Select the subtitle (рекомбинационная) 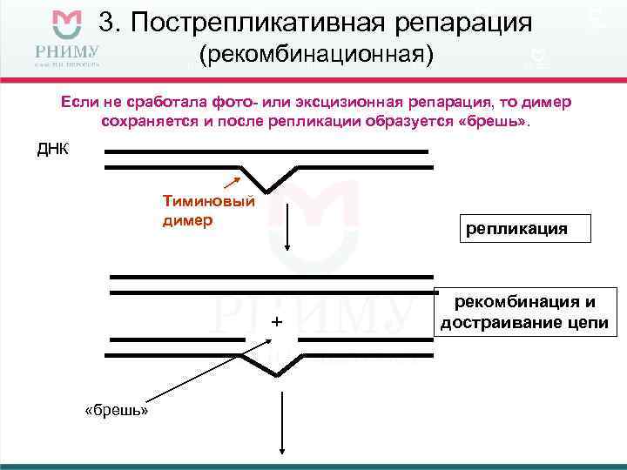coord(316,56)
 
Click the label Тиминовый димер coord(208,210)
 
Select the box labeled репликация coord(516,228)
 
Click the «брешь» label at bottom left coord(116,409)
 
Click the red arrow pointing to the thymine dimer coord(232,182)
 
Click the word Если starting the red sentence coord(80,102)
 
